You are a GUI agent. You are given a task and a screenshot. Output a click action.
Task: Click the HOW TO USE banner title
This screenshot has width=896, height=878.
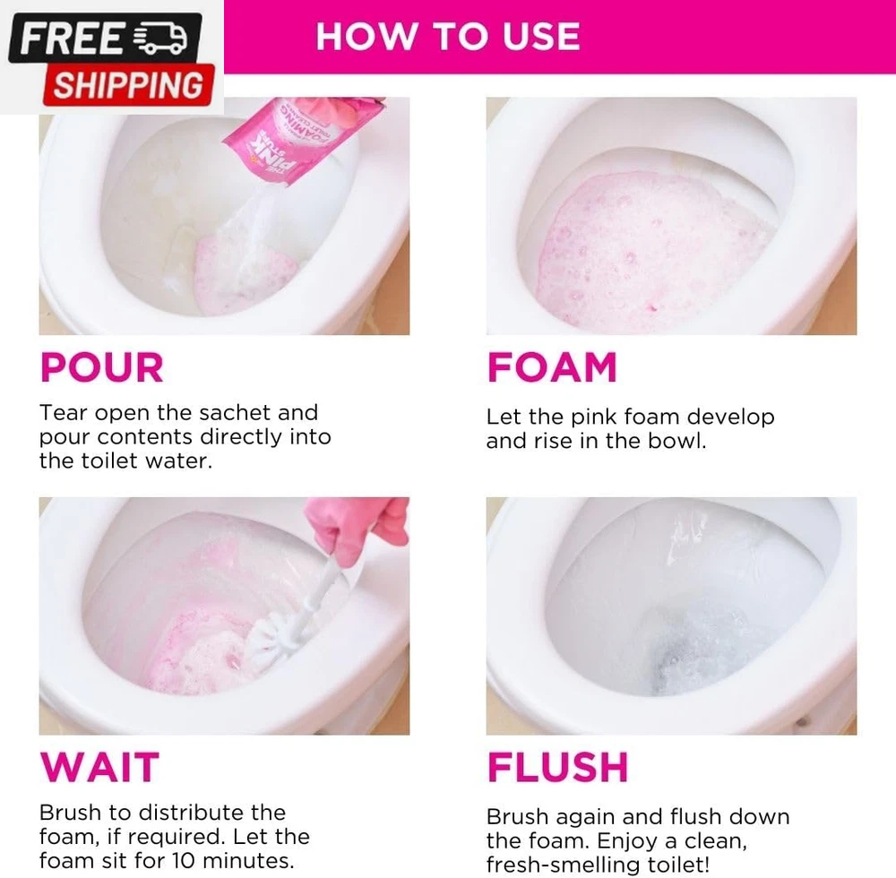point(448,37)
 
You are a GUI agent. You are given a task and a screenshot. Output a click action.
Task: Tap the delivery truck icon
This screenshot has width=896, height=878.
point(160,39)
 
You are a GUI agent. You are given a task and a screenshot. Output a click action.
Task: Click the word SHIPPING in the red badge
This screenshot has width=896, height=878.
point(128,85)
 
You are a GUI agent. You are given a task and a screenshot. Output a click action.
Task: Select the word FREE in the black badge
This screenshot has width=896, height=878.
point(71,39)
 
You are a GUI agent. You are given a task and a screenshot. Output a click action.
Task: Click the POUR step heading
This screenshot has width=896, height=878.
point(102,367)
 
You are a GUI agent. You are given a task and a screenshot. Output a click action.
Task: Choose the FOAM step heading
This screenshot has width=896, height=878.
point(552,367)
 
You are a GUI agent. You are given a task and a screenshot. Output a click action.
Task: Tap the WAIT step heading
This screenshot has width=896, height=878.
point(99,767)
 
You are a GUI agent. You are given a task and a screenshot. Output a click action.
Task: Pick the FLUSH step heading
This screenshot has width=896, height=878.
point(557,767)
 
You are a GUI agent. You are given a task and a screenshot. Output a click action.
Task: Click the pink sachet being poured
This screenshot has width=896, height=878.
point(302,139)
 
